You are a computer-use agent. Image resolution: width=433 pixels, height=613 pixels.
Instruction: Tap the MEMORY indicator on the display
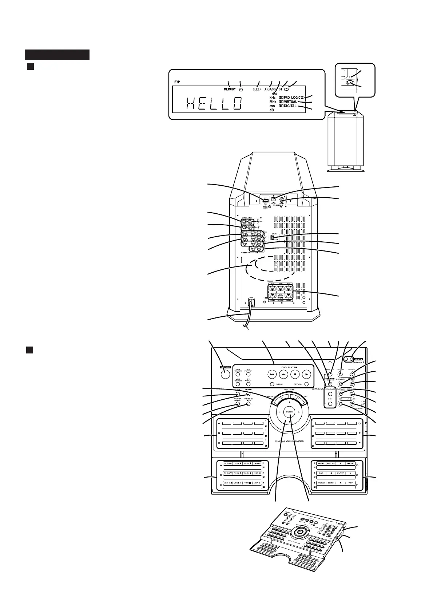(230, 89)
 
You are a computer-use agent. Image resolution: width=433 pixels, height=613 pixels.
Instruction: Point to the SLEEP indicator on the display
(257, 89)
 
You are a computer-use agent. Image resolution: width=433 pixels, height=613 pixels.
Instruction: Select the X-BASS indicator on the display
(270, 89)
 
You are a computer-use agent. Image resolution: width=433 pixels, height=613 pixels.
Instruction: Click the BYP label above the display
(177, 82)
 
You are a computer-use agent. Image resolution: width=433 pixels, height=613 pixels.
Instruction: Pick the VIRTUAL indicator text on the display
(290, 102)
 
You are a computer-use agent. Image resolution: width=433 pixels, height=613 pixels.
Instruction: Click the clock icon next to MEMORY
(241, 89)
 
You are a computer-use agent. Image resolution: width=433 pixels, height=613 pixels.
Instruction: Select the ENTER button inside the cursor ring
(289, 412)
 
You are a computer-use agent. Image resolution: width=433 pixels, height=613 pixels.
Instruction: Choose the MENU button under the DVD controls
(272, 384)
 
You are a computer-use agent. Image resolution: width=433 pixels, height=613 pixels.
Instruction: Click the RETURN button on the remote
(307, 384)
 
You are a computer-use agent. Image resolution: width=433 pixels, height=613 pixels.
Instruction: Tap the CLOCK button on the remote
(352, 374)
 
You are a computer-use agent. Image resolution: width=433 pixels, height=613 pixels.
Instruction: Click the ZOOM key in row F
(331, 483)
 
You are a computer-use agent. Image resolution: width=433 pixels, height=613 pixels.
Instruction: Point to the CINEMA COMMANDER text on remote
(290, 441)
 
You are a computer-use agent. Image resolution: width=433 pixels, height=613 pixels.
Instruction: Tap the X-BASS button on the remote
(352, 404)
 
